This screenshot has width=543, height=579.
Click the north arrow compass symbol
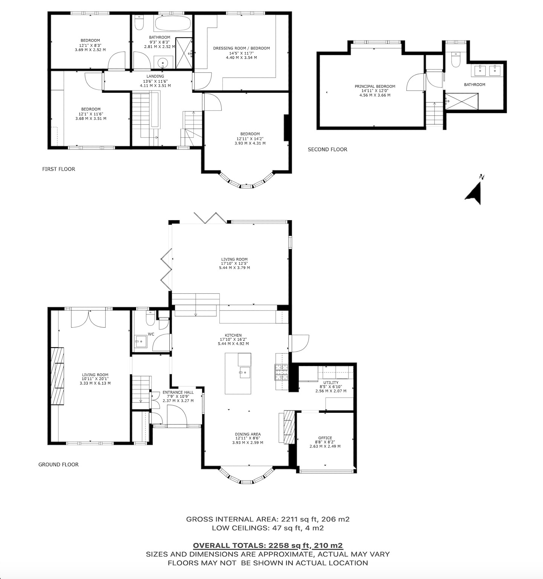474,190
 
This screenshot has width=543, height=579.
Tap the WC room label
151,334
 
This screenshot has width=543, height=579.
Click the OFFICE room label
325,438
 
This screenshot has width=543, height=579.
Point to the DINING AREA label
248,434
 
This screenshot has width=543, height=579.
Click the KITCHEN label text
233,335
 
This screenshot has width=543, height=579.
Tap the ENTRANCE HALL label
178,392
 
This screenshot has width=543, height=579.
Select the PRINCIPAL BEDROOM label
375,86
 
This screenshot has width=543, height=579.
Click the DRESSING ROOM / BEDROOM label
241,48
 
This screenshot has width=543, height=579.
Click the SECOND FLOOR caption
327,150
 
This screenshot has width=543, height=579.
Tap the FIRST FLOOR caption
58,169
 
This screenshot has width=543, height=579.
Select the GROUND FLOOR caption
58,465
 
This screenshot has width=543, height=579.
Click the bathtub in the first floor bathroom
173,23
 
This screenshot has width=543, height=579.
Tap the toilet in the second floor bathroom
456,60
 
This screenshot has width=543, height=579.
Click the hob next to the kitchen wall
281,372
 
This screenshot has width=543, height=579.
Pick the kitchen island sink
244,372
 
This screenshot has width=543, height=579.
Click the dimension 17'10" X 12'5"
234,263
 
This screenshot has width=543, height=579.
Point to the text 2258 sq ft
289,545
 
